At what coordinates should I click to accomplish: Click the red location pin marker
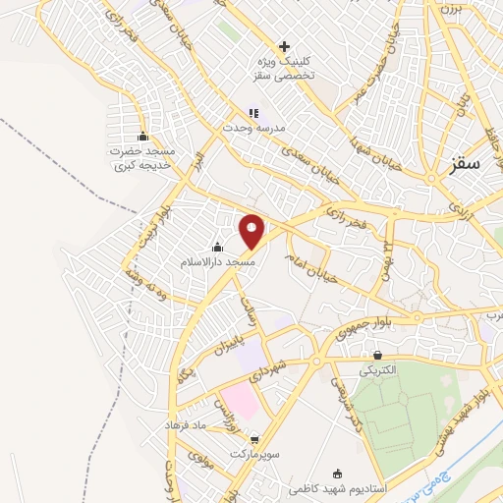pos(252,232)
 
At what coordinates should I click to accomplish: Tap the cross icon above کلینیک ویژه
pos(285,45)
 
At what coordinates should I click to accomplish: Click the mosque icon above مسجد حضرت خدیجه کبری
pos(143,137)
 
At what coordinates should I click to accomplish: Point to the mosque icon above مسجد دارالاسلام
pos(217,247)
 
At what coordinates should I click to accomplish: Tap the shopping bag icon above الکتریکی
pos(378,355)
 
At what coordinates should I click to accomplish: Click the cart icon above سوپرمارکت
pos(255,440)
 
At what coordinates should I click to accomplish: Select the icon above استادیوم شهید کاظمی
pos(339,473)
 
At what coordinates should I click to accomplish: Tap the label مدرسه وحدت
pos(240,128)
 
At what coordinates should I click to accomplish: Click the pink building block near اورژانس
pos(238,399)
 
